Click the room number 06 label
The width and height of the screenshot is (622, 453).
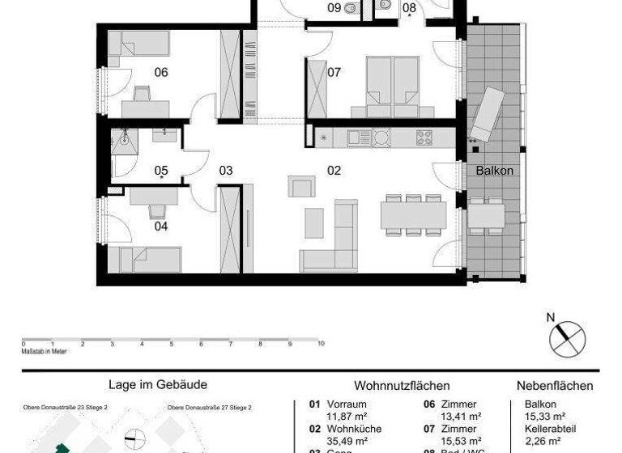click(x=161, y=73)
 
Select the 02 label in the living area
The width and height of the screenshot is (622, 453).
click(x=334, y=171)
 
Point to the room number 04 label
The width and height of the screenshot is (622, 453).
click(x=161, y=226)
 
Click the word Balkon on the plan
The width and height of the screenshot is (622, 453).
click(x=494, y=171)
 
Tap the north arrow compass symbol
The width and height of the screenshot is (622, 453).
click(x=567, y=337)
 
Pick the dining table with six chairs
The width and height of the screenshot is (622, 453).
click(x=413, y=215)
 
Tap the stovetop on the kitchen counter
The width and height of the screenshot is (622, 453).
click(x=424, y=138)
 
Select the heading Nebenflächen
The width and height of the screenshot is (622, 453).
click(x=554, y=386)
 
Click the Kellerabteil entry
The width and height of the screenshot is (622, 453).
click(x=540, y=429)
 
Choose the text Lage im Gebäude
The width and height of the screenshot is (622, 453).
click(x=157, y=385)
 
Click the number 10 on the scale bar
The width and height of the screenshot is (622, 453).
click(x=322, y=344)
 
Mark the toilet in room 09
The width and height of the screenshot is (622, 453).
click(x=349, y=9)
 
